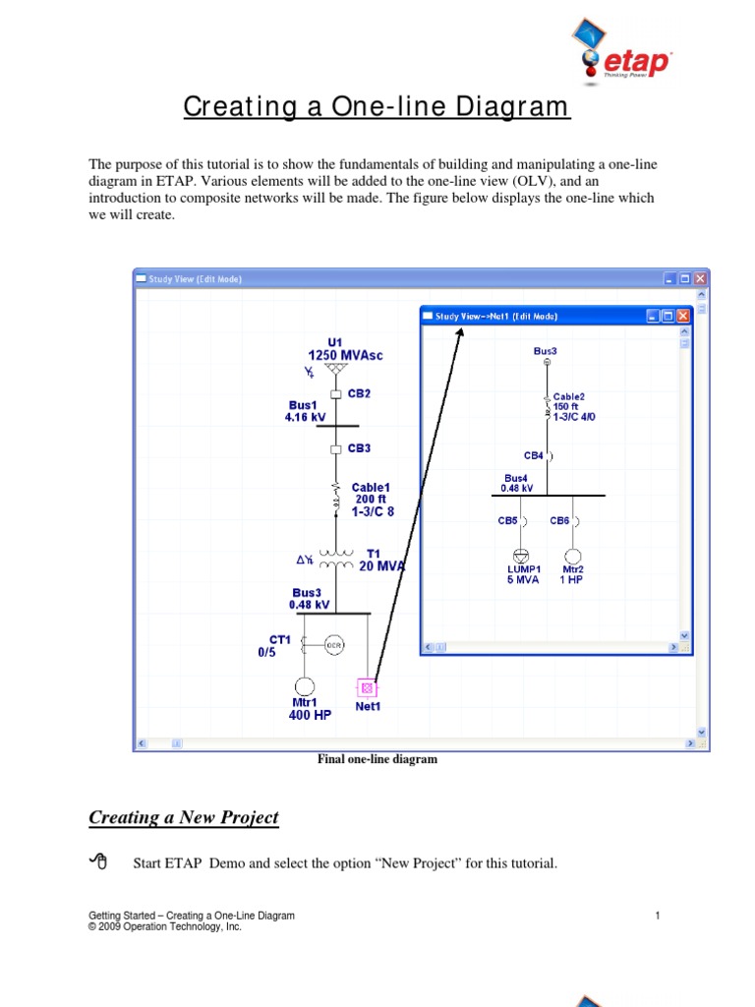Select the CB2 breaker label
pyautogui.click(x=359, y=393)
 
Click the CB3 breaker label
pyautogui.click(x=359, y=448)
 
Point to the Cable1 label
pyautogui.click(x=371, y=487)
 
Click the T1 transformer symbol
pyautogui.click(x=336, y=560)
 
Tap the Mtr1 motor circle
pyautogui.click(x=304, y=685)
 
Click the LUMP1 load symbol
pyautogui.click(x=522, y=556)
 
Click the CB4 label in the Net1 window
pyautogui.click(x=534, y=455)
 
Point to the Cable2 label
pyautogui.click(x=569, y=397)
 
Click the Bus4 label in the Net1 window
pyautogui.click(x=517, y=477)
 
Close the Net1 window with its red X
pyautogui.click(x=683, y=316)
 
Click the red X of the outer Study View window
pyautogui.click(x=701, y=279)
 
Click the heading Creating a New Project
pyautogui.click(x=184, y=817)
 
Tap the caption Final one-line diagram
pyautogui.click(x=377, y=759)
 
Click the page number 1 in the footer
pyautogui.click(x=656, y=917)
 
